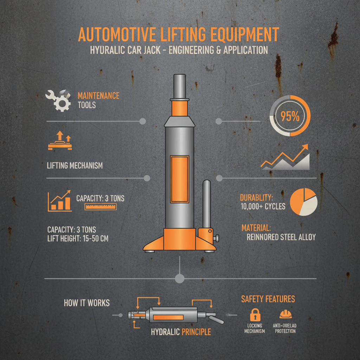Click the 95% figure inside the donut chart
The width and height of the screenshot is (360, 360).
coord(290,116)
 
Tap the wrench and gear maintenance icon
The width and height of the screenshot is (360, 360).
coord(58,100)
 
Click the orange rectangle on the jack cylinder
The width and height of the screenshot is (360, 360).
coord(179,179)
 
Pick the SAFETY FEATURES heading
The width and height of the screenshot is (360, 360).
coord(268,299)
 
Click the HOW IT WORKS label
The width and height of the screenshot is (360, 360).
coord(87,303)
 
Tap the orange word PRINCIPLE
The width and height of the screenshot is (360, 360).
coord(196,332)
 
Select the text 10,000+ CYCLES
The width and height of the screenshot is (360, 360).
coord(263,207)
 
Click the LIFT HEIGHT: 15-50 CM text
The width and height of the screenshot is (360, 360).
coord(78,239)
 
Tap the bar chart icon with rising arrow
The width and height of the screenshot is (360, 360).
coord(60,201)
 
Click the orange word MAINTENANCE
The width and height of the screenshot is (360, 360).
coord(98,96)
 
